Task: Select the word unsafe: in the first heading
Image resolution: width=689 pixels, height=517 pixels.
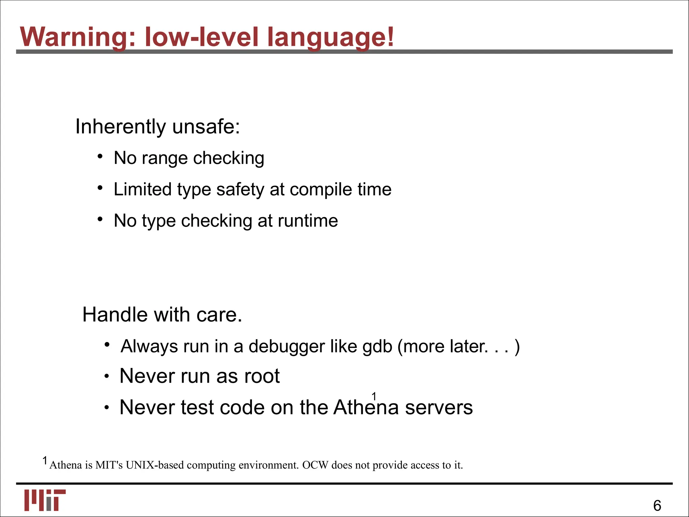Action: coord(206,127)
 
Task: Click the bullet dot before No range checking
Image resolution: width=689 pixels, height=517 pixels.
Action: coord(100,157)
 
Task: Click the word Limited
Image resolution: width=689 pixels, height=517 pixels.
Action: coord(142,189)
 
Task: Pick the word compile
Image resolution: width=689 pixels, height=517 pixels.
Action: coord(320,189)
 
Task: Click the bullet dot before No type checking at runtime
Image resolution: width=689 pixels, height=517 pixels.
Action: coord(100,219)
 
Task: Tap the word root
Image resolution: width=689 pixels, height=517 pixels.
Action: coord(262,376)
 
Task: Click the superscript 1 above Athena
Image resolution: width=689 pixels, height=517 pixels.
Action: coord(374,396)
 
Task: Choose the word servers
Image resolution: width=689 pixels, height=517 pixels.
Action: coord(439,408)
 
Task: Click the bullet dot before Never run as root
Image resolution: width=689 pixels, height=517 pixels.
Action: coord(106,377)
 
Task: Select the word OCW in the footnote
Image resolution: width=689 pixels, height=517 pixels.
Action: coord(315,465)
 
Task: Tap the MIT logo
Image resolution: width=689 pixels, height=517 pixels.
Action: coord(45,500)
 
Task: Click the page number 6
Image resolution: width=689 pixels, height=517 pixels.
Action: coord(657,506)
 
